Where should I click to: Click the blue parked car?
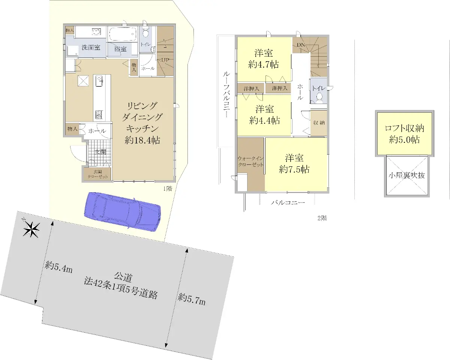point(123,212)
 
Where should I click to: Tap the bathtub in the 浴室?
point(123,34)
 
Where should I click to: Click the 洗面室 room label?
point(91,48)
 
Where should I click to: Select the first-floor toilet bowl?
point(145,32)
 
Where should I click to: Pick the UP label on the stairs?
point(165,60)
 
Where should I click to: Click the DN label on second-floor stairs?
point(301,45)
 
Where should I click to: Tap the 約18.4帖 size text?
point(142,140)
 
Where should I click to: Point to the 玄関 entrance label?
point(100,152)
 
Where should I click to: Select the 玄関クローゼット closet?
point(97,174)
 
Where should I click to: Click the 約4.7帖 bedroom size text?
point(264,65)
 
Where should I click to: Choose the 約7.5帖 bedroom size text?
point(294,170)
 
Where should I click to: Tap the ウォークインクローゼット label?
point(250,161)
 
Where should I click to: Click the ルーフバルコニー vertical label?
point(226,95)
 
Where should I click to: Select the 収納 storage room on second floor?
point(319,123)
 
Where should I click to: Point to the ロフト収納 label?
point(404,128)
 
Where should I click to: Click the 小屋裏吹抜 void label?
point(407,175)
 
